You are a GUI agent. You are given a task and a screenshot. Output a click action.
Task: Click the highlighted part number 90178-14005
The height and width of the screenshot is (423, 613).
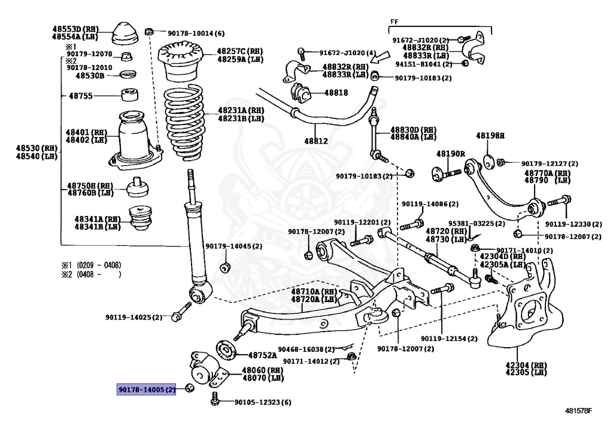coord(147,389)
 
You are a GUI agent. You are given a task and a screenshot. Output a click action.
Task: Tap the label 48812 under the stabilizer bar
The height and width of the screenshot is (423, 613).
coord(316,141)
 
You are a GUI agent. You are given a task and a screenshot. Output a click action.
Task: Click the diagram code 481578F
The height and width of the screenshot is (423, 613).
coord(579,411)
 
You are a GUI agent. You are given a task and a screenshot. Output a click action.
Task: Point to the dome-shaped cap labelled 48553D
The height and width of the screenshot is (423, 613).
coord(125,34)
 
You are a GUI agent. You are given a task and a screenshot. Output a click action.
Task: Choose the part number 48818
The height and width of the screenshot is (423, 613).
coord(336,93)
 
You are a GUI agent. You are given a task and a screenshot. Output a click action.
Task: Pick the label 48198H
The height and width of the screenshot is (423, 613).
coord(490,136)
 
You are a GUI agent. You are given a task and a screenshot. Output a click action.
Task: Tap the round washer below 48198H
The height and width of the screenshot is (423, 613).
coord(488,162)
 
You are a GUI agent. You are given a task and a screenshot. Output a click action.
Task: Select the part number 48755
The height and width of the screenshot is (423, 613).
coord(81,96)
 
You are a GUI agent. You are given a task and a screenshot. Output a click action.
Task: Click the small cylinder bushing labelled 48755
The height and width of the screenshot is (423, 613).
coord(129,95)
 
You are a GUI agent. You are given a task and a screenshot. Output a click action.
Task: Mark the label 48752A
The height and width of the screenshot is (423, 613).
coord(262,355)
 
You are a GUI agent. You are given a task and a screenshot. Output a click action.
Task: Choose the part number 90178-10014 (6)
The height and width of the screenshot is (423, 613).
coord(196,34)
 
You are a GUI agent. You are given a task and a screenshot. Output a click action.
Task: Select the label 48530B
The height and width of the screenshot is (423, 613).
coord(90,75)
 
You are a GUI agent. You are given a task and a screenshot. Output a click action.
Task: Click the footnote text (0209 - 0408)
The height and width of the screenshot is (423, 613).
coord(99,265)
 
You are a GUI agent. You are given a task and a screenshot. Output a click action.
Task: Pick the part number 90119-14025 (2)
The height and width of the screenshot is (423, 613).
coord(133,317)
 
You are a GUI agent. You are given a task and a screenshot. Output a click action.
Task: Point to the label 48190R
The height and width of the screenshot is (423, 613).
coord(450,154)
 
